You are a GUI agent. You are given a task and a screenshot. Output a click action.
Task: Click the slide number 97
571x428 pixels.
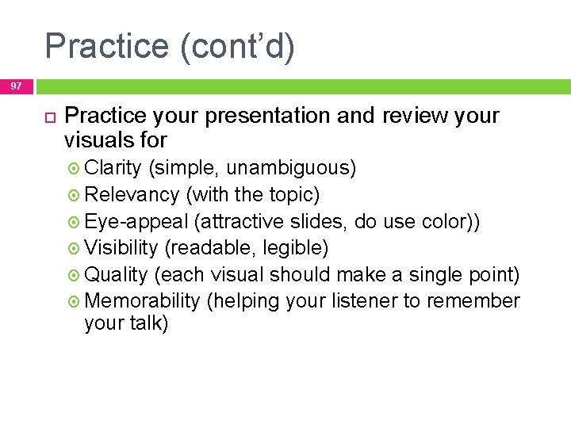tap(17, 86)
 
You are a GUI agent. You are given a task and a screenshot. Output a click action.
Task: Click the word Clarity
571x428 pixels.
tap(113, 168)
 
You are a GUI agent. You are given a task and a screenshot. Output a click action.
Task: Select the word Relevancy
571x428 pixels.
tap(132, 195)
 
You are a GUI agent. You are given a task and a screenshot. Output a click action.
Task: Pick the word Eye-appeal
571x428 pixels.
tap(136, 222)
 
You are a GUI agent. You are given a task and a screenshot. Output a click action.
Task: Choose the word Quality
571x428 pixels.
tap(116, 275)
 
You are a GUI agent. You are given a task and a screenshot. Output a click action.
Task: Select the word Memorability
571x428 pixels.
tap(142, 301)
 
